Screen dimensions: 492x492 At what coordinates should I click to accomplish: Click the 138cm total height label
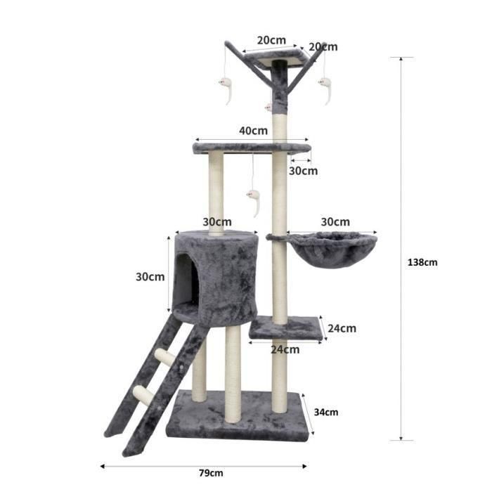pos(422,262)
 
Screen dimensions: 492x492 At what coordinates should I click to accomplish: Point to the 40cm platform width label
pos(253,130)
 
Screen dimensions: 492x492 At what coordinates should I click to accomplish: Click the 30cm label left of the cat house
pos(150,276)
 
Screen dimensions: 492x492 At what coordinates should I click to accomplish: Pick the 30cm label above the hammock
pos(335,222)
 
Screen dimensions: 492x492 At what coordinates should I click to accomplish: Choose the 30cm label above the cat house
pos(217,221)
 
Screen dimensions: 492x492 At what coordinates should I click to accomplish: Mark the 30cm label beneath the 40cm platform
pos(303,171)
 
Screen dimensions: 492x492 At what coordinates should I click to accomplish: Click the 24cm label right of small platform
pos(342,328)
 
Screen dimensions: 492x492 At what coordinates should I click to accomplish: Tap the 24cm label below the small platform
pos(285,349)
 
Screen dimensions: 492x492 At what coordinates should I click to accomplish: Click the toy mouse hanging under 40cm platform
pos(254,200)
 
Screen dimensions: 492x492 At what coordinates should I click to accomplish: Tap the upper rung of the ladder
pos(166,357)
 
